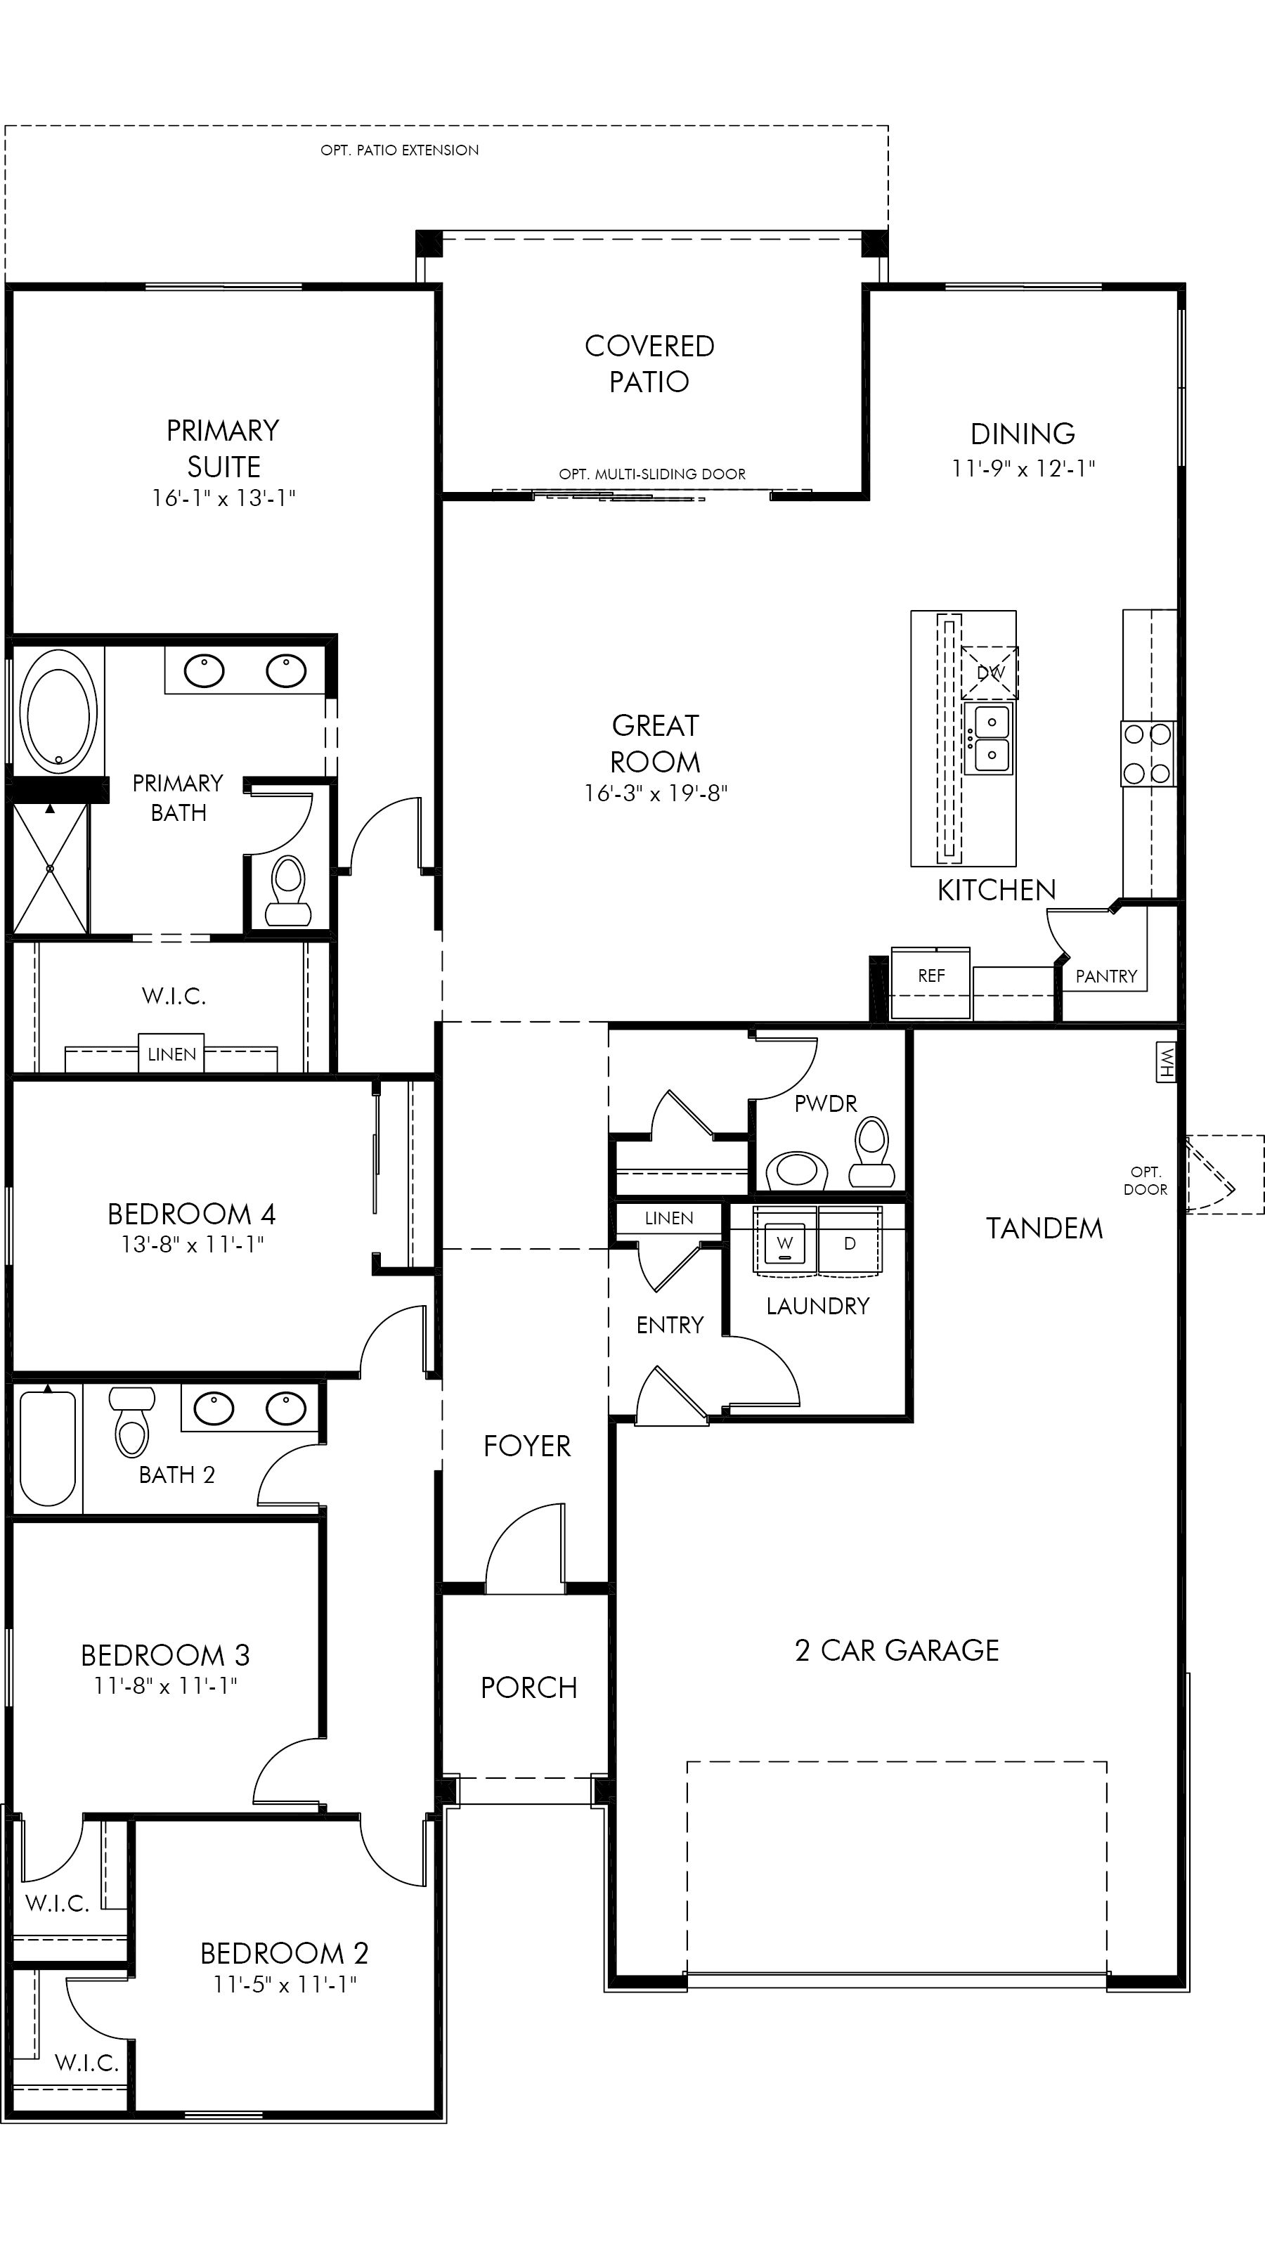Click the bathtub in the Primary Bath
point(58,711)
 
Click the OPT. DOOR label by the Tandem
point(1146,1181)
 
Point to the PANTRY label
point(1106,976)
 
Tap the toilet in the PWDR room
point(871,1153)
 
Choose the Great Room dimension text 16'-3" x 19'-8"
point(656,793)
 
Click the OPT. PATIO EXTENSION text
point(400,150)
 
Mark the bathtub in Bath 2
point(47,1449)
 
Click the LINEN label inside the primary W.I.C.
point(172,1055)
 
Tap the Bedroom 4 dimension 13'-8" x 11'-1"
point(192,1244)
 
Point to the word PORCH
point(529,1687)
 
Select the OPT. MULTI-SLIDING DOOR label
point(652,474)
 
